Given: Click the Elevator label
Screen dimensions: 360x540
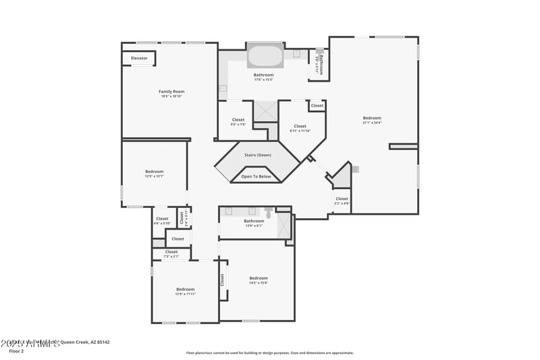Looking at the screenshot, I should pos(139,59).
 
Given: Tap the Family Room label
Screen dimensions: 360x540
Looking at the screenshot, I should pos(171,92).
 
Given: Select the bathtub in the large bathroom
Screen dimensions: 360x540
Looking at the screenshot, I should pos(265,55).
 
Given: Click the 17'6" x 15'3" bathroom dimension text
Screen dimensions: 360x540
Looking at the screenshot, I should pos(263,80).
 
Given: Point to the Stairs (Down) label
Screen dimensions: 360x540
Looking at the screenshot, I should pos(258,155).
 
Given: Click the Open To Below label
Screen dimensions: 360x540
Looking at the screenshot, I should pos(256,176).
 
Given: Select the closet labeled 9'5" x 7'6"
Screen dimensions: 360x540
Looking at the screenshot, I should pos(238,122).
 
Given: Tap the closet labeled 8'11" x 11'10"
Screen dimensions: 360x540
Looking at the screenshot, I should pos(300,128).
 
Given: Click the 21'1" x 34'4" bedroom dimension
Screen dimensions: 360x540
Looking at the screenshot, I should pos(372,123).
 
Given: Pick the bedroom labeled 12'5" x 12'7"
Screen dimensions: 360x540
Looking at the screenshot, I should pos(154,174).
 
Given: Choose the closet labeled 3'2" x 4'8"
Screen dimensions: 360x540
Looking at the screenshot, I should pos(342,201).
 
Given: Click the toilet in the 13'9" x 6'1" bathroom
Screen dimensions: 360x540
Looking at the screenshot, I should pos(269,213).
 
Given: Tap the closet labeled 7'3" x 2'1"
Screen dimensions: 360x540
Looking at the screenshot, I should pos(171,254).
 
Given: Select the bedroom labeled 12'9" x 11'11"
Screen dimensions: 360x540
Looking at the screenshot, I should pos(185,291).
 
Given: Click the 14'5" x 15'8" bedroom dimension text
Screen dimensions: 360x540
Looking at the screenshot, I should pos(259,283).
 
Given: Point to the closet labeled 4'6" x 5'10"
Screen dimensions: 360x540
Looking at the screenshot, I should pos(162,221).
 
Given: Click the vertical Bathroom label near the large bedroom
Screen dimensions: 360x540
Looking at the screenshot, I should pos(321,63).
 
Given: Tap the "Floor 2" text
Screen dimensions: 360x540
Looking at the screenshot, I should pos(16,351).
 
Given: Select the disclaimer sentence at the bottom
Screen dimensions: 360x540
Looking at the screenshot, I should pos(269,353).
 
